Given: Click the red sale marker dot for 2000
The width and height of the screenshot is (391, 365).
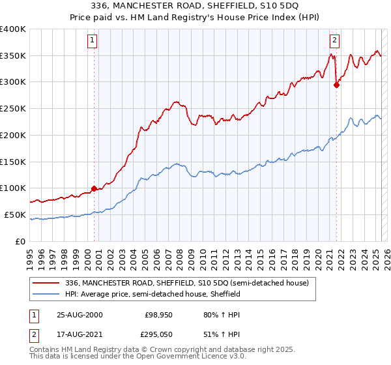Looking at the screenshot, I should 94,188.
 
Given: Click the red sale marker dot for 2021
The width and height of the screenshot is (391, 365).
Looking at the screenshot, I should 336,84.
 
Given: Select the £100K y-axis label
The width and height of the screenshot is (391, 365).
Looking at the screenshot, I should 13,188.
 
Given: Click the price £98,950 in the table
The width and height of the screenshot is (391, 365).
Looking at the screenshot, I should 158,314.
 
